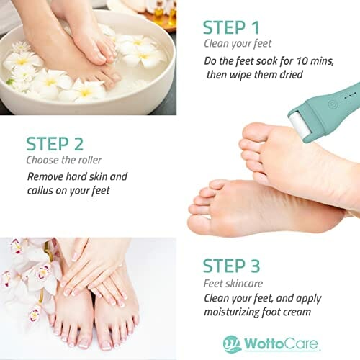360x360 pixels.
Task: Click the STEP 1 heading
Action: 231,27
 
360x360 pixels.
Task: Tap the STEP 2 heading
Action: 55,144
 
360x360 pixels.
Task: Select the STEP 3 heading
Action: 231,266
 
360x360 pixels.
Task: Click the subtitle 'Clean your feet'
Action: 238,44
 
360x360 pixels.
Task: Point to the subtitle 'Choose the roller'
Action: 64,160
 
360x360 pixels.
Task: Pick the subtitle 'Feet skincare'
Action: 233,284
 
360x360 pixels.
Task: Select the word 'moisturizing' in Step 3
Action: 231,312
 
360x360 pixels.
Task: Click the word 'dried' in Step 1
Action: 291,74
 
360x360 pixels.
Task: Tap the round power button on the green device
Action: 332,104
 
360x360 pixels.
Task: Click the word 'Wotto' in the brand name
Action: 263,343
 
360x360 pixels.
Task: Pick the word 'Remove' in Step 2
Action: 45,176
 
